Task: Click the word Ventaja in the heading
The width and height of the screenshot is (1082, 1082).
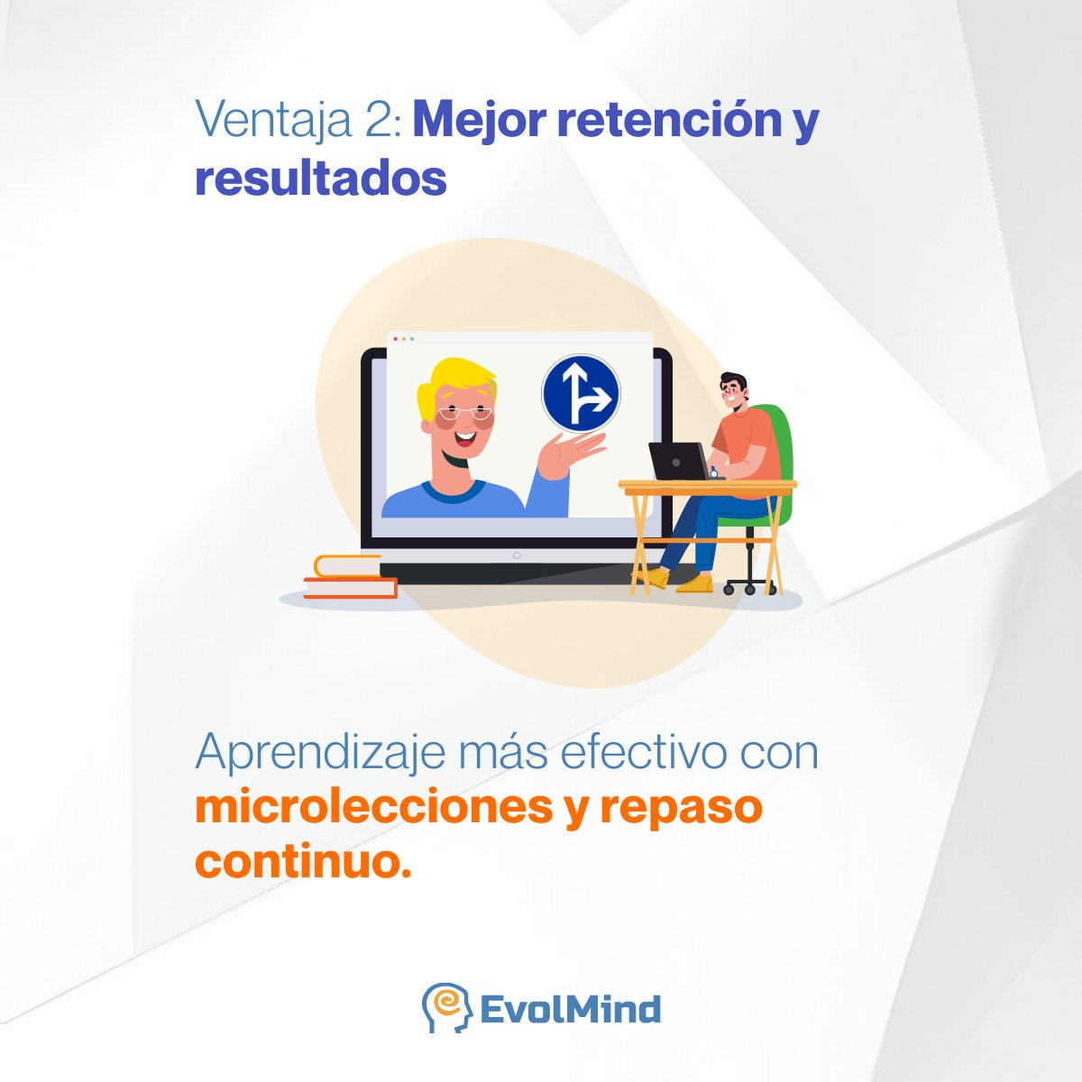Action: click(272, 121)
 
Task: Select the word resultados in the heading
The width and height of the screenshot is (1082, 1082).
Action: click(321, 179)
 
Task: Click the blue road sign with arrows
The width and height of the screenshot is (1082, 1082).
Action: click(581, 393)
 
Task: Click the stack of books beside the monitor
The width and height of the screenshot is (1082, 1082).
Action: click(351, 577)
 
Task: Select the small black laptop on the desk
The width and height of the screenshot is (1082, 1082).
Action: click(679, 462)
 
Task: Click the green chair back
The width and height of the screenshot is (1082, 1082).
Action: click(781, 451)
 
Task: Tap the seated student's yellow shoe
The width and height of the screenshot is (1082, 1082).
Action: click(694, 584)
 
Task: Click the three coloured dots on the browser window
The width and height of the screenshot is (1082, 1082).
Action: click(403, 339)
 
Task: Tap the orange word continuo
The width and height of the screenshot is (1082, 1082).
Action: click(303, 860)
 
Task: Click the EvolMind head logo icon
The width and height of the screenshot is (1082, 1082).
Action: click(446, 1007)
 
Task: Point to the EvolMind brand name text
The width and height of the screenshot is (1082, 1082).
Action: click(570, 1009)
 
